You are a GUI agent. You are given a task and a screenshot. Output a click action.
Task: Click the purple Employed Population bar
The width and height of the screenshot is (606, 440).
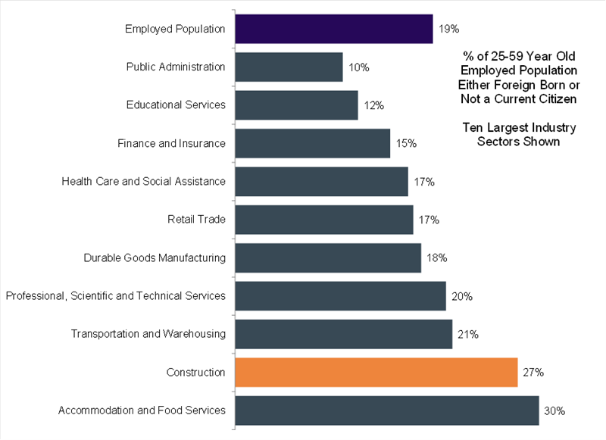tap(333, 29)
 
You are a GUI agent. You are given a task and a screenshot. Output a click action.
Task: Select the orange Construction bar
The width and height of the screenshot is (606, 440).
tap(376, 372)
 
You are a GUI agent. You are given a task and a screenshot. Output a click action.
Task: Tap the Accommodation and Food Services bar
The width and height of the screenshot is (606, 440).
tap(387, 410)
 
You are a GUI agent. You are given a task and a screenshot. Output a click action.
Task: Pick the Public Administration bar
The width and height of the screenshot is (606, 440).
tap(289, 67)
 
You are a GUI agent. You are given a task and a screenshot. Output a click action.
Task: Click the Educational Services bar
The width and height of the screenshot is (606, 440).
tap(296, 105)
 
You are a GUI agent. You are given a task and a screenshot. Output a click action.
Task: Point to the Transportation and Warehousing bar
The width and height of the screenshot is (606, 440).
tap(344, 334)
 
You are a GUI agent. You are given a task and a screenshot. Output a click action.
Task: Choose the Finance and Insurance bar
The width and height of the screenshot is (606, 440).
tap(312, 143)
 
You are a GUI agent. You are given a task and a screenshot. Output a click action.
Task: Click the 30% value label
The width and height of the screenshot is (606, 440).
tap(555, 410)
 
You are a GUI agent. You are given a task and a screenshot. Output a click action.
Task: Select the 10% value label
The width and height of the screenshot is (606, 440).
tap(359, 67)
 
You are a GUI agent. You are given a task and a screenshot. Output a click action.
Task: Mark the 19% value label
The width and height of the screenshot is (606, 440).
tap(449, 29)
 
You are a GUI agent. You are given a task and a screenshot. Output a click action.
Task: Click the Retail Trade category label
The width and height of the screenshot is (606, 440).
tap(196, 220)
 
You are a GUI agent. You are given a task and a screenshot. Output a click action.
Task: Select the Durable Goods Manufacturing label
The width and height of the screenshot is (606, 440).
tap(155, 257)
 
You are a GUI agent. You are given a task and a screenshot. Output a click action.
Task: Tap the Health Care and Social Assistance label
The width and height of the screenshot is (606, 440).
tap(143, 181)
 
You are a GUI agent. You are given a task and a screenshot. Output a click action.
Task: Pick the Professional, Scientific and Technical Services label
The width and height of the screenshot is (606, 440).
tap(115, 295)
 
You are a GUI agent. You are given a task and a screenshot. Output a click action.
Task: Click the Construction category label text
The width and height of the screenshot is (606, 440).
tap(196, 372)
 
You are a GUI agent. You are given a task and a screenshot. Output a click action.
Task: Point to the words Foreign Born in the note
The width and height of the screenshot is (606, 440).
tap(539, 85)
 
